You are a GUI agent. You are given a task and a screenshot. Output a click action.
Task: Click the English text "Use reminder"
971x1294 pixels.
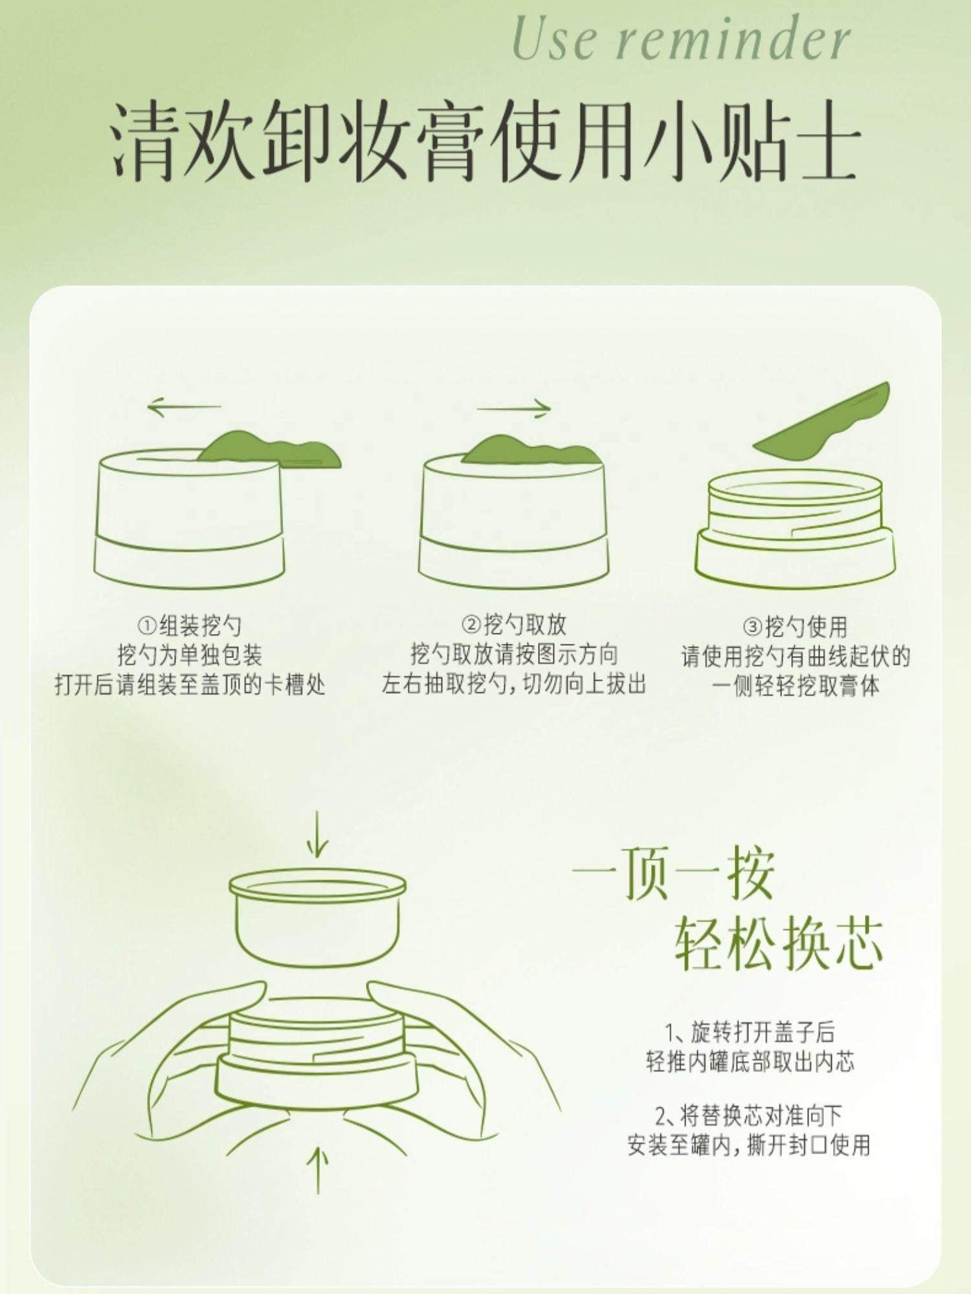681,40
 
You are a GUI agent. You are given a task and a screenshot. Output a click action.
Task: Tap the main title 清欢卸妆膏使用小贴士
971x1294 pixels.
485,140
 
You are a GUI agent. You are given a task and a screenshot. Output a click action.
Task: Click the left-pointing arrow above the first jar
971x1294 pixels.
184,408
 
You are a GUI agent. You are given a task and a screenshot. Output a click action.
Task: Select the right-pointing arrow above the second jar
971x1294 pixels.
514,408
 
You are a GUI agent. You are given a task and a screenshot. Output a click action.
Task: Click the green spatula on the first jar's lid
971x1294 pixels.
271,451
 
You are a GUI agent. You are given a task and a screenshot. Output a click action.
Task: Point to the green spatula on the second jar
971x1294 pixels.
531,450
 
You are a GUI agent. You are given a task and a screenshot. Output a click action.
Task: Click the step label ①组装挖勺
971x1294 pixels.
189,626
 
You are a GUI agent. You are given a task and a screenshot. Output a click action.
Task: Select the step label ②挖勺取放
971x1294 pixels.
513,625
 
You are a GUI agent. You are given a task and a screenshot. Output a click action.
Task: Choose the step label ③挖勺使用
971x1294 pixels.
795,626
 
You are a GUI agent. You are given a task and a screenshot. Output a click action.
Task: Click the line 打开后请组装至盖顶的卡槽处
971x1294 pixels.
190,685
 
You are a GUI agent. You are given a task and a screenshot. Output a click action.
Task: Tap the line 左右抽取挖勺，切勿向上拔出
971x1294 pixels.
514,684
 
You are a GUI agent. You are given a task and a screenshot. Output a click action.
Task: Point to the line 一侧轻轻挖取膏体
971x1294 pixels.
796,686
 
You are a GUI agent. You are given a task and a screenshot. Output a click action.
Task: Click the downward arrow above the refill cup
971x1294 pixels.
317,835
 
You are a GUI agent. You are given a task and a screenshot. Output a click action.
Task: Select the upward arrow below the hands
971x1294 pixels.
317,1170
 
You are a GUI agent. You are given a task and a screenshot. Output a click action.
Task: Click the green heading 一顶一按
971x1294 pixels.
673,873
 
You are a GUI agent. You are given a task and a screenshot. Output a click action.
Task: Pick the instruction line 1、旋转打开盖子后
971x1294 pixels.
750,1031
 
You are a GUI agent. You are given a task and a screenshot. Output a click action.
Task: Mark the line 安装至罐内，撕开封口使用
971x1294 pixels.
749,1145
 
